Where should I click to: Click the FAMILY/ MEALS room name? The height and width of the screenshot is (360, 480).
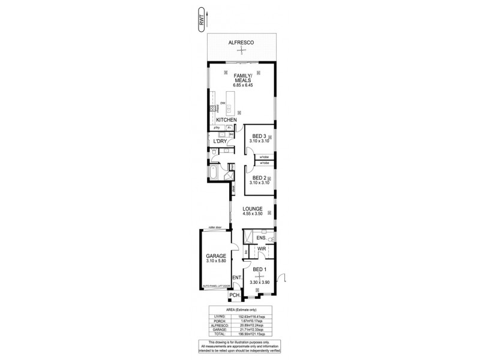pyautogui.click(x=242, y=79)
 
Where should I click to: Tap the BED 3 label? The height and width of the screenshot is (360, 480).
pyautogui.click(x=259, y=136)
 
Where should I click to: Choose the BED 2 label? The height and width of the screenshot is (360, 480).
pyautogui.click(x=259, y=178)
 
